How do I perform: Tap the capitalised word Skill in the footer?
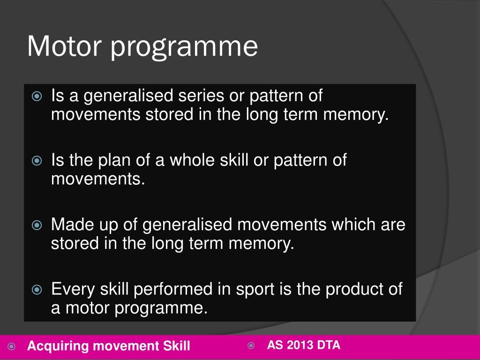tap(176, 346)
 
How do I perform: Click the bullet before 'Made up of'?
tap(37, 225)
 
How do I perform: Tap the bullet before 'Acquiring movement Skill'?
tap(12, 347)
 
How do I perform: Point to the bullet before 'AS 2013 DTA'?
tap(251, 346)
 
